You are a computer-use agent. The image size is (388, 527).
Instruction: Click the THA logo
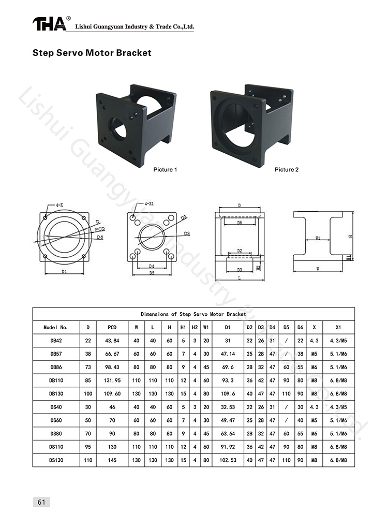tap(49, 24)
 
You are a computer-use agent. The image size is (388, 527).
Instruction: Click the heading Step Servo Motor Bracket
tap(92, 53)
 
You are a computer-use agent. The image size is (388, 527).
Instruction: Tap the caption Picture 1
tap(165, 170)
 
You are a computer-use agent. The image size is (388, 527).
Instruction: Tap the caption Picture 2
tap(287, 170)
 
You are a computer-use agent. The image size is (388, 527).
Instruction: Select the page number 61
tap(41, 502)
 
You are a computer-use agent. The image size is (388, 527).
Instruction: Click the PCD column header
tap(112, 327)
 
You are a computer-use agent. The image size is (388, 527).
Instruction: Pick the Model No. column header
tap(56, 327)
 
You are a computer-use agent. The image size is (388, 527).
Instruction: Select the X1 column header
tap(338, 327)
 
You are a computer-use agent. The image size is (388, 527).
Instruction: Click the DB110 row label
tap(56, 380)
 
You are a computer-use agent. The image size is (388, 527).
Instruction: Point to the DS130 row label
tap(56, 460)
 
